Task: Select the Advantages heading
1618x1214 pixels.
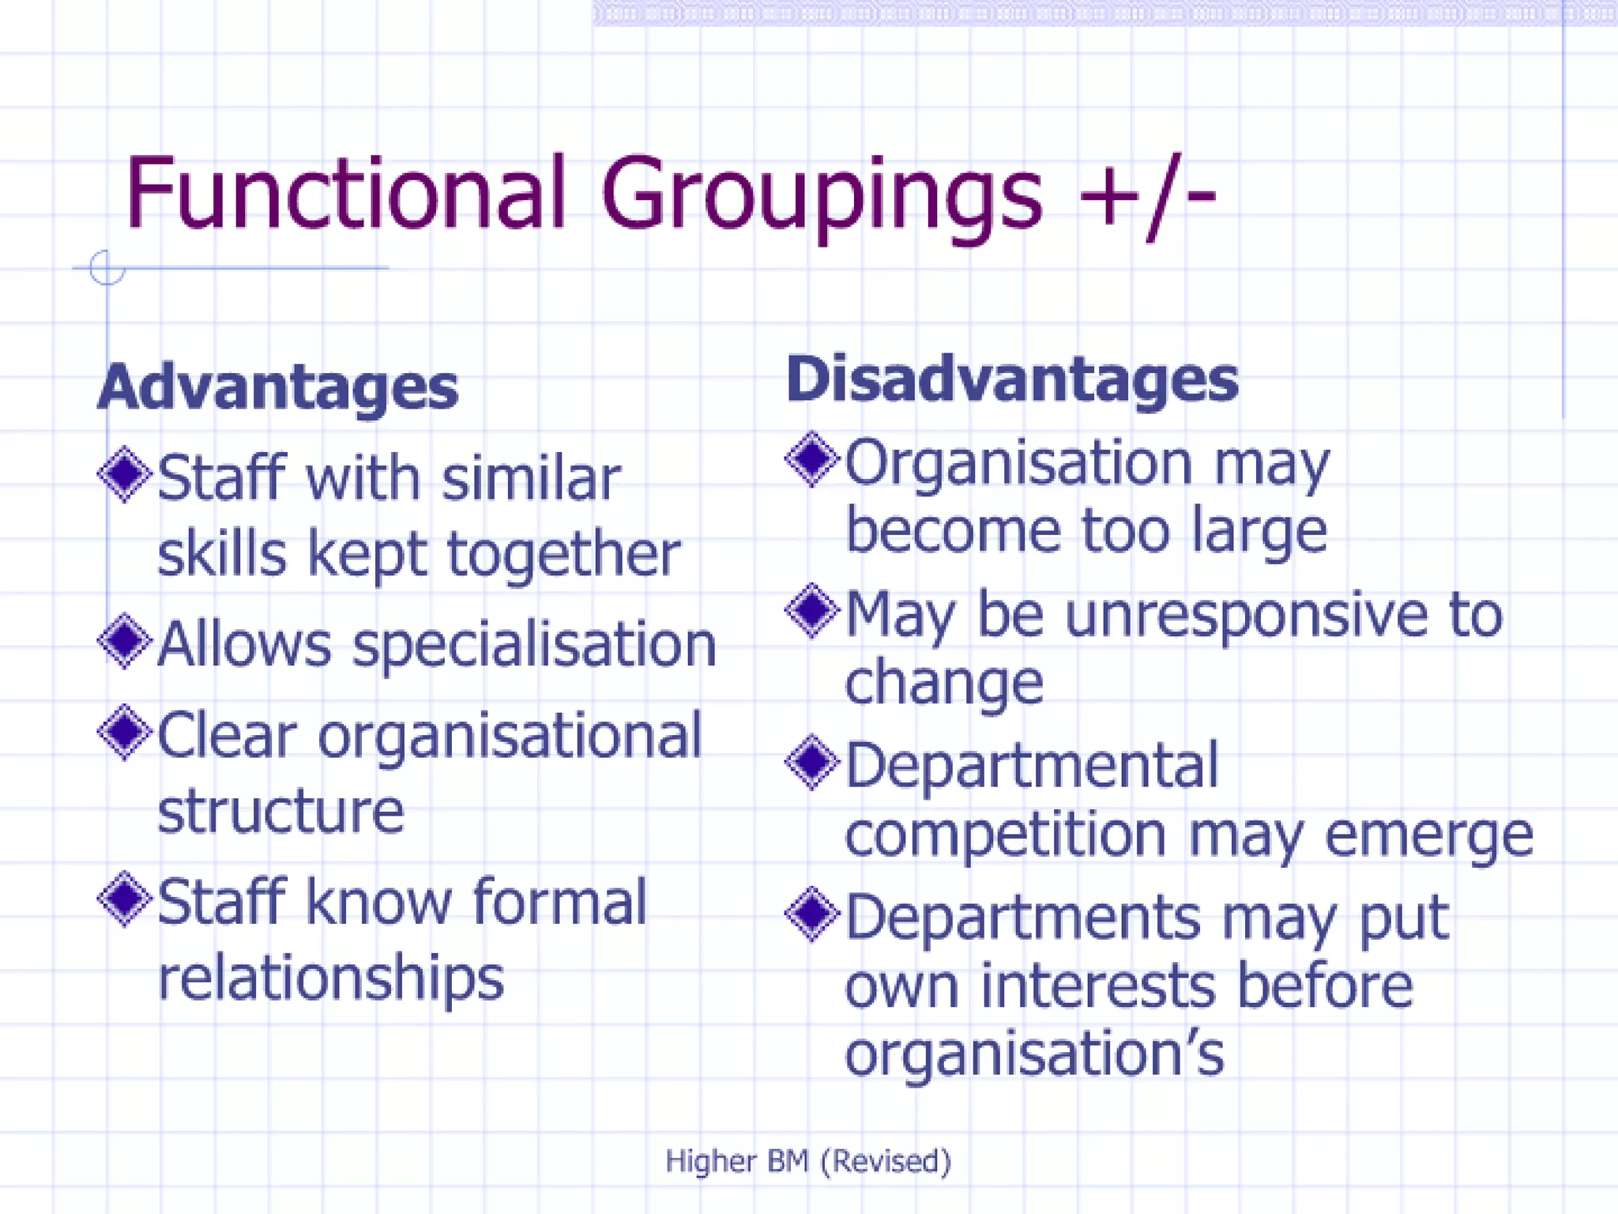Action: coord(278,387)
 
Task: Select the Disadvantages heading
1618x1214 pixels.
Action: coord(1012,380)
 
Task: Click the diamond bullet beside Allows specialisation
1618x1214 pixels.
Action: coord(125,641)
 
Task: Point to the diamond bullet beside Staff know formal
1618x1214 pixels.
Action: coord(125,899)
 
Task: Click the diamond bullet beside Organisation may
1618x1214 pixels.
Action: coord(811,459)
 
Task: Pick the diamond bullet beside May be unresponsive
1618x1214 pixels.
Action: coord(811,611)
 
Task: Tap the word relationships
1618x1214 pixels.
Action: coord(330,978)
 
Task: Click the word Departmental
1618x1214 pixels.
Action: coord(1032,766)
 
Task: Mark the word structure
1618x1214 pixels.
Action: coord(280,811)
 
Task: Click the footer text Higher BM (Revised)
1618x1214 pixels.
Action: coord(808,1161)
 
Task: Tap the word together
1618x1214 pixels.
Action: coord(563,555)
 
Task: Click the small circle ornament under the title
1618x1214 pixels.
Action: coord(107,268)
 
